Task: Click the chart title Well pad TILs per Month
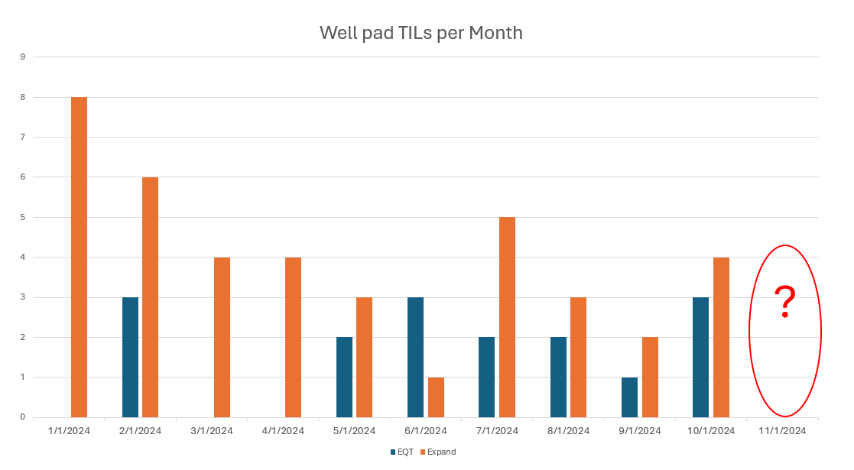click(x=421, y=33)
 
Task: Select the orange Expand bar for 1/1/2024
click(x=79, y=257)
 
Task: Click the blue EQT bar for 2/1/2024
click(x=130, y=357)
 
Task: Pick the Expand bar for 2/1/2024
click(x=150, y=297)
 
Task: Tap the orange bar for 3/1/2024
click(x=222, y=337)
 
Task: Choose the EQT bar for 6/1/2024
click(x=415, y=357)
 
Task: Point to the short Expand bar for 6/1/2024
click(x=436, y=397)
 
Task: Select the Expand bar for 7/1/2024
click(x=507, y=317)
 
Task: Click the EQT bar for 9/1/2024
click(x=629, y=397)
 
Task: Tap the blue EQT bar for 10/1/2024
click(x=700, y=357)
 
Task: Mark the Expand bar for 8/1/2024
click(x=578, y=357)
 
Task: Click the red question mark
click(x=784, y=302)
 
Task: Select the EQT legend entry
click(x=401, y=452)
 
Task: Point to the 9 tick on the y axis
click(x=23, y=57)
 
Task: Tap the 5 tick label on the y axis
click(x=23, y=217)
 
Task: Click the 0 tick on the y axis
click(x=23, y=417)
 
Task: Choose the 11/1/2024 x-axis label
click(x=782, y=430)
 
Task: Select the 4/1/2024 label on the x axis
click(x=283, y=430)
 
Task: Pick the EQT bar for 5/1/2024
click(x=344, y=377)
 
